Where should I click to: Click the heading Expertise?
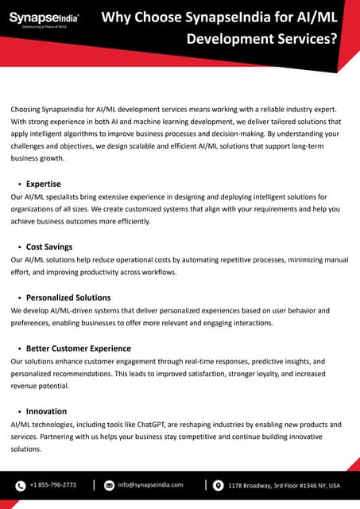[43, 184]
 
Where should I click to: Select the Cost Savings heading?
[49, 247]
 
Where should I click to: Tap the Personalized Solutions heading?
[68, 297]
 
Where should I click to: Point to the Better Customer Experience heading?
[79, 348]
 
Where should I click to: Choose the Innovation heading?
[46, 411]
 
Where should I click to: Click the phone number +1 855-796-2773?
[53, 484]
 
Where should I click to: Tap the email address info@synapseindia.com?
[150, 484]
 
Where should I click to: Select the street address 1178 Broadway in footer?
[284, 485]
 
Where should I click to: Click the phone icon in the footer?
[21, 485]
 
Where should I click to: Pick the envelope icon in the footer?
[110, 485]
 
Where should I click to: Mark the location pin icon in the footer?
[218, 485]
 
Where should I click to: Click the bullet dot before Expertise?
[19, 185]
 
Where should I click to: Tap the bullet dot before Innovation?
[19, 412]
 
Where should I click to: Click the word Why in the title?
[119, 16]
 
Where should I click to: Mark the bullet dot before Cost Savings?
[19, 247]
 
